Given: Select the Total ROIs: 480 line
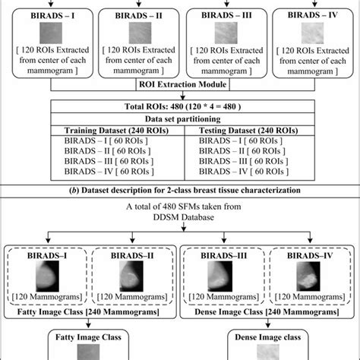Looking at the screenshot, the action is click(180, 108).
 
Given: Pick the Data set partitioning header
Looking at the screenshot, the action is click(180, 120).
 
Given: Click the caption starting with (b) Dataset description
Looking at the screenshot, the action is click(180, 189).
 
